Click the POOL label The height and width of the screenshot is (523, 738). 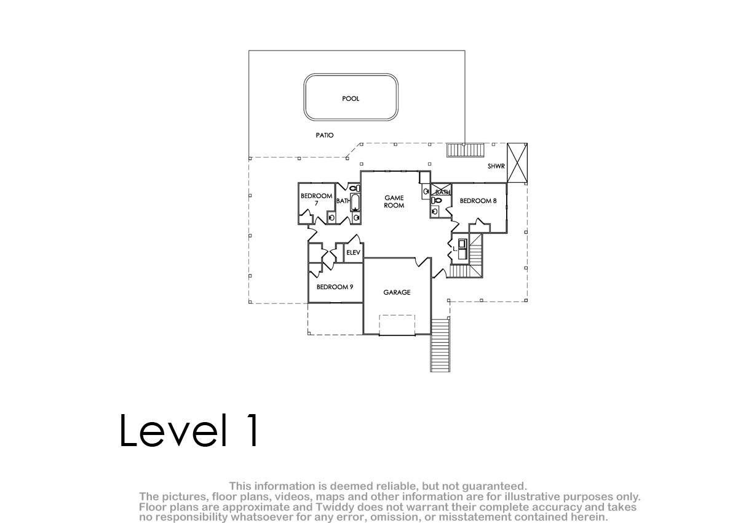(351, 98)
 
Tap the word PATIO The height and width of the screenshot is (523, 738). (325, 135)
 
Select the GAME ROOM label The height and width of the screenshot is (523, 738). (394, 201)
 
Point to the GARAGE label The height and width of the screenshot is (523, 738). (397, 292)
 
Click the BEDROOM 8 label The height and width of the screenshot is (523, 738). (478, 201)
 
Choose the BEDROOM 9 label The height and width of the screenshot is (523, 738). (335, 287)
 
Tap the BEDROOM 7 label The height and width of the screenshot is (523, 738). (316, 199)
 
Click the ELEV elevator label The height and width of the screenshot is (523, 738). (353, 252)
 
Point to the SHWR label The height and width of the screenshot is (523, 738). (496, 166)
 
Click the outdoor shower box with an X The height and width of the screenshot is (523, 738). (517, 163)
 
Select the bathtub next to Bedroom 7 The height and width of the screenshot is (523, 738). (355, 202)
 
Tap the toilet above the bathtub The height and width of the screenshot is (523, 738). (354, 188)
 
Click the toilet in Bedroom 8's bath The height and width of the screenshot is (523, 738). (437, 200)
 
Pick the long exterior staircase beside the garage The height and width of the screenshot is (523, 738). (440, 345)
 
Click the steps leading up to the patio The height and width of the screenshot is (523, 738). (466, 150)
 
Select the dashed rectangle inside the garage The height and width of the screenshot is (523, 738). (397, 325)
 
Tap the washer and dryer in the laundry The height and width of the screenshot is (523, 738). (462, 249)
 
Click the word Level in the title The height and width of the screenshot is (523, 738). (173, 430)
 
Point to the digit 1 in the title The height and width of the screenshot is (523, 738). (252, 430)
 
